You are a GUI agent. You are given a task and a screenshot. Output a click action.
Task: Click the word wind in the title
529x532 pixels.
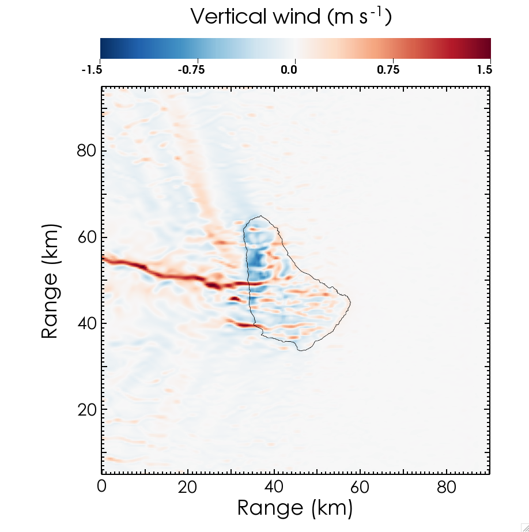(x=297, y=17)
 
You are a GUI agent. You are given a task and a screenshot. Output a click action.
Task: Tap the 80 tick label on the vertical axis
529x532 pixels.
(x=86, y=151)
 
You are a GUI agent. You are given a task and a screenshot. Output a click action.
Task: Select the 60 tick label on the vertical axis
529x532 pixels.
(x=86, y=237)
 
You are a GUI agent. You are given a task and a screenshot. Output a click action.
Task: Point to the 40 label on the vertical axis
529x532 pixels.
(x=86, y=323)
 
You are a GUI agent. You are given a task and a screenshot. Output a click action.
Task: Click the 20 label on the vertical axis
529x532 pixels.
(x=86, y=410)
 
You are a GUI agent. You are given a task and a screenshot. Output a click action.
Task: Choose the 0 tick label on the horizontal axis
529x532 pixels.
(x=102, y=488)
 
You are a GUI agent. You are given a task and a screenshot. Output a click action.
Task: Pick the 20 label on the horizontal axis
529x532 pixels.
(x=188, y=488)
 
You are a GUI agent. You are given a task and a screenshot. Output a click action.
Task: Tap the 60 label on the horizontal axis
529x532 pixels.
(x=360, y=488)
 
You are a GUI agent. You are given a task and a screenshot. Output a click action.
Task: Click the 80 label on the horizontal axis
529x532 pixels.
(x=447, y=488)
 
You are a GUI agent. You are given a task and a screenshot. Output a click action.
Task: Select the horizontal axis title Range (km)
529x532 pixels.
(x=294, y=508)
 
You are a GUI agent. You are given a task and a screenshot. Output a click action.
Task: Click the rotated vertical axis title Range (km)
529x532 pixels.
(x=51, y=281)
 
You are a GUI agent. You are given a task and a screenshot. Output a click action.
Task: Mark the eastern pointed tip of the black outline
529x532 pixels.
(x=350, y=302)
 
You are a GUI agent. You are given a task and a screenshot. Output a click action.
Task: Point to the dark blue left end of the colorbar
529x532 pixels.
(x=104, y=48)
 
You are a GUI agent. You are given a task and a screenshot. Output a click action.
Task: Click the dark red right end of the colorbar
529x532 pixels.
(x=488, y=48)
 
